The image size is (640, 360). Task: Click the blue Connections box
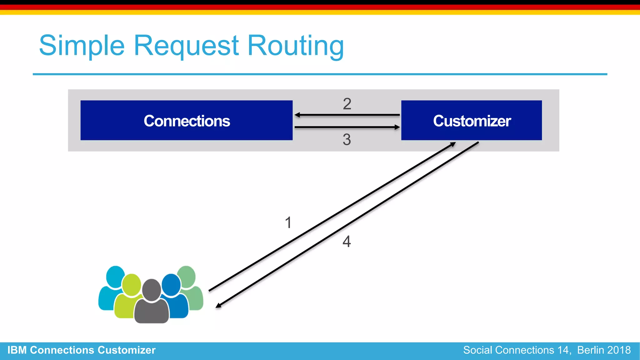tap(187, 120)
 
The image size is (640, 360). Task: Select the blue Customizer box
tap(471, 120)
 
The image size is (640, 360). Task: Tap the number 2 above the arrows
tap(347, 104)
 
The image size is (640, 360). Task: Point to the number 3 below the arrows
tap(347, 139)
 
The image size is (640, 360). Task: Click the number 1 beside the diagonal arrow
tap(288, 223)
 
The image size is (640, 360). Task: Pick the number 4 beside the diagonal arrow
tap(347, 242)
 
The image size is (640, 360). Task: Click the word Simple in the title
tap(82, 46)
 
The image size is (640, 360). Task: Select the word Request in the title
tap(186, 46)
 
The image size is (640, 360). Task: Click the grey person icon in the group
tap(152, 303)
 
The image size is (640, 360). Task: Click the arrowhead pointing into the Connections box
tap(297, 115)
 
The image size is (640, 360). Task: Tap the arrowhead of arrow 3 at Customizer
tap(397, 127)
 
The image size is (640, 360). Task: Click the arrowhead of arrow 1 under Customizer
tap(453, 144)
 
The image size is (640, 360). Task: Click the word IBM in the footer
tap(17, 350)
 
